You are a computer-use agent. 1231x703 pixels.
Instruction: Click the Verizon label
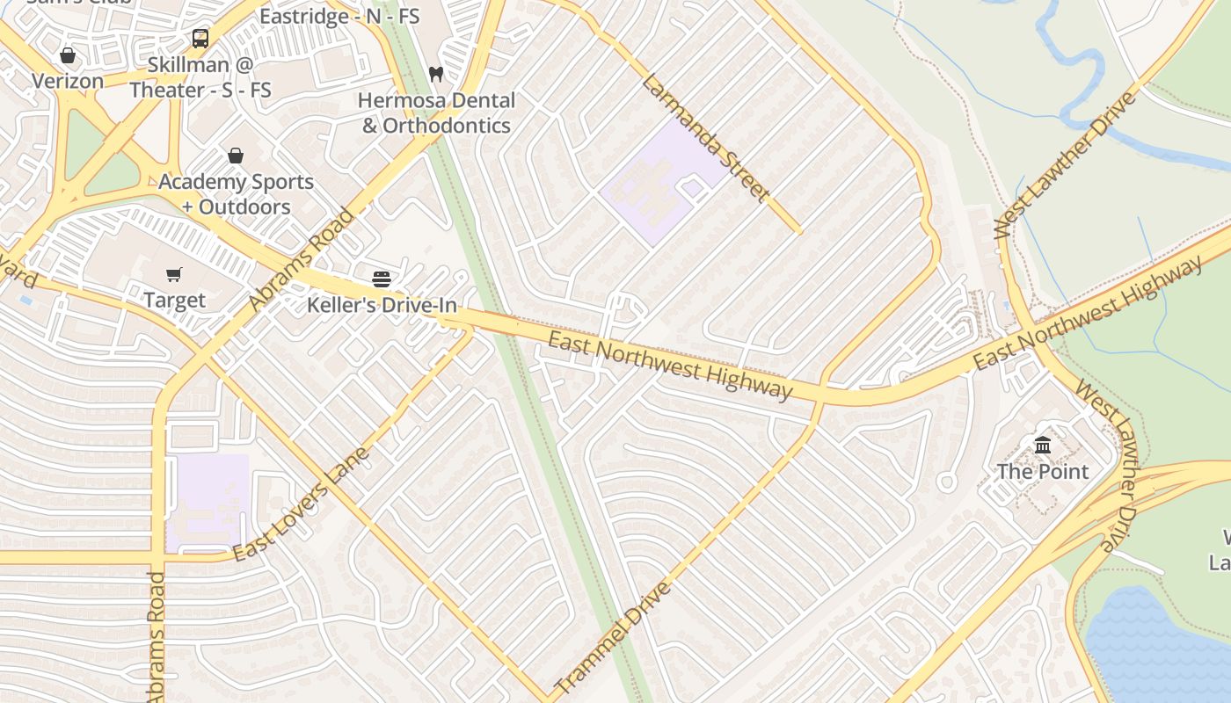pos(68,81)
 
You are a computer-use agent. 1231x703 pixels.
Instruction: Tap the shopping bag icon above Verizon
pos(68,55)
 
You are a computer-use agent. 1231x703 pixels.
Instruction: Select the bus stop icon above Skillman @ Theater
pos(200,39)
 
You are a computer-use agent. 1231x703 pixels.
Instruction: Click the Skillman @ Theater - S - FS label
pos(200,77)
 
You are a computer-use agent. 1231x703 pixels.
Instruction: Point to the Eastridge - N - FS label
pos(339,16)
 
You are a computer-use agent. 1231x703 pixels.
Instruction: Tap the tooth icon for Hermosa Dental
pos(436,74)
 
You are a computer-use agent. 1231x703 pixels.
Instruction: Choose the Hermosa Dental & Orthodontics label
pos(436,112)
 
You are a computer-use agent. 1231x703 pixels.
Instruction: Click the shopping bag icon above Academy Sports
pos(236,156)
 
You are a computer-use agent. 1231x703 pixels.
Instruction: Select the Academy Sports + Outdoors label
pos(236,194)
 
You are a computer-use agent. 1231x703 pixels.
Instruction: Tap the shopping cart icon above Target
pos(174,274)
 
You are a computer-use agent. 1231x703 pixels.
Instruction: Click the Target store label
pos(174,300)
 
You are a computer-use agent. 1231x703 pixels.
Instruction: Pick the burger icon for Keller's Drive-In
pos(382,279)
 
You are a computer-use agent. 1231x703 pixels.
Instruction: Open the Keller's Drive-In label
pos(382,305)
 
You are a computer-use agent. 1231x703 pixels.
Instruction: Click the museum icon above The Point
pos(1043,446)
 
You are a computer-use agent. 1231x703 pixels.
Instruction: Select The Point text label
pos(1043,471)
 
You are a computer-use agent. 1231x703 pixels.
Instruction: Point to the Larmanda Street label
pos(706,138)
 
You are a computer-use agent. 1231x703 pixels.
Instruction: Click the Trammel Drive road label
pos(613,636)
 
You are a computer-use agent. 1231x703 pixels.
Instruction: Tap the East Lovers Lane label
pos(301,504)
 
